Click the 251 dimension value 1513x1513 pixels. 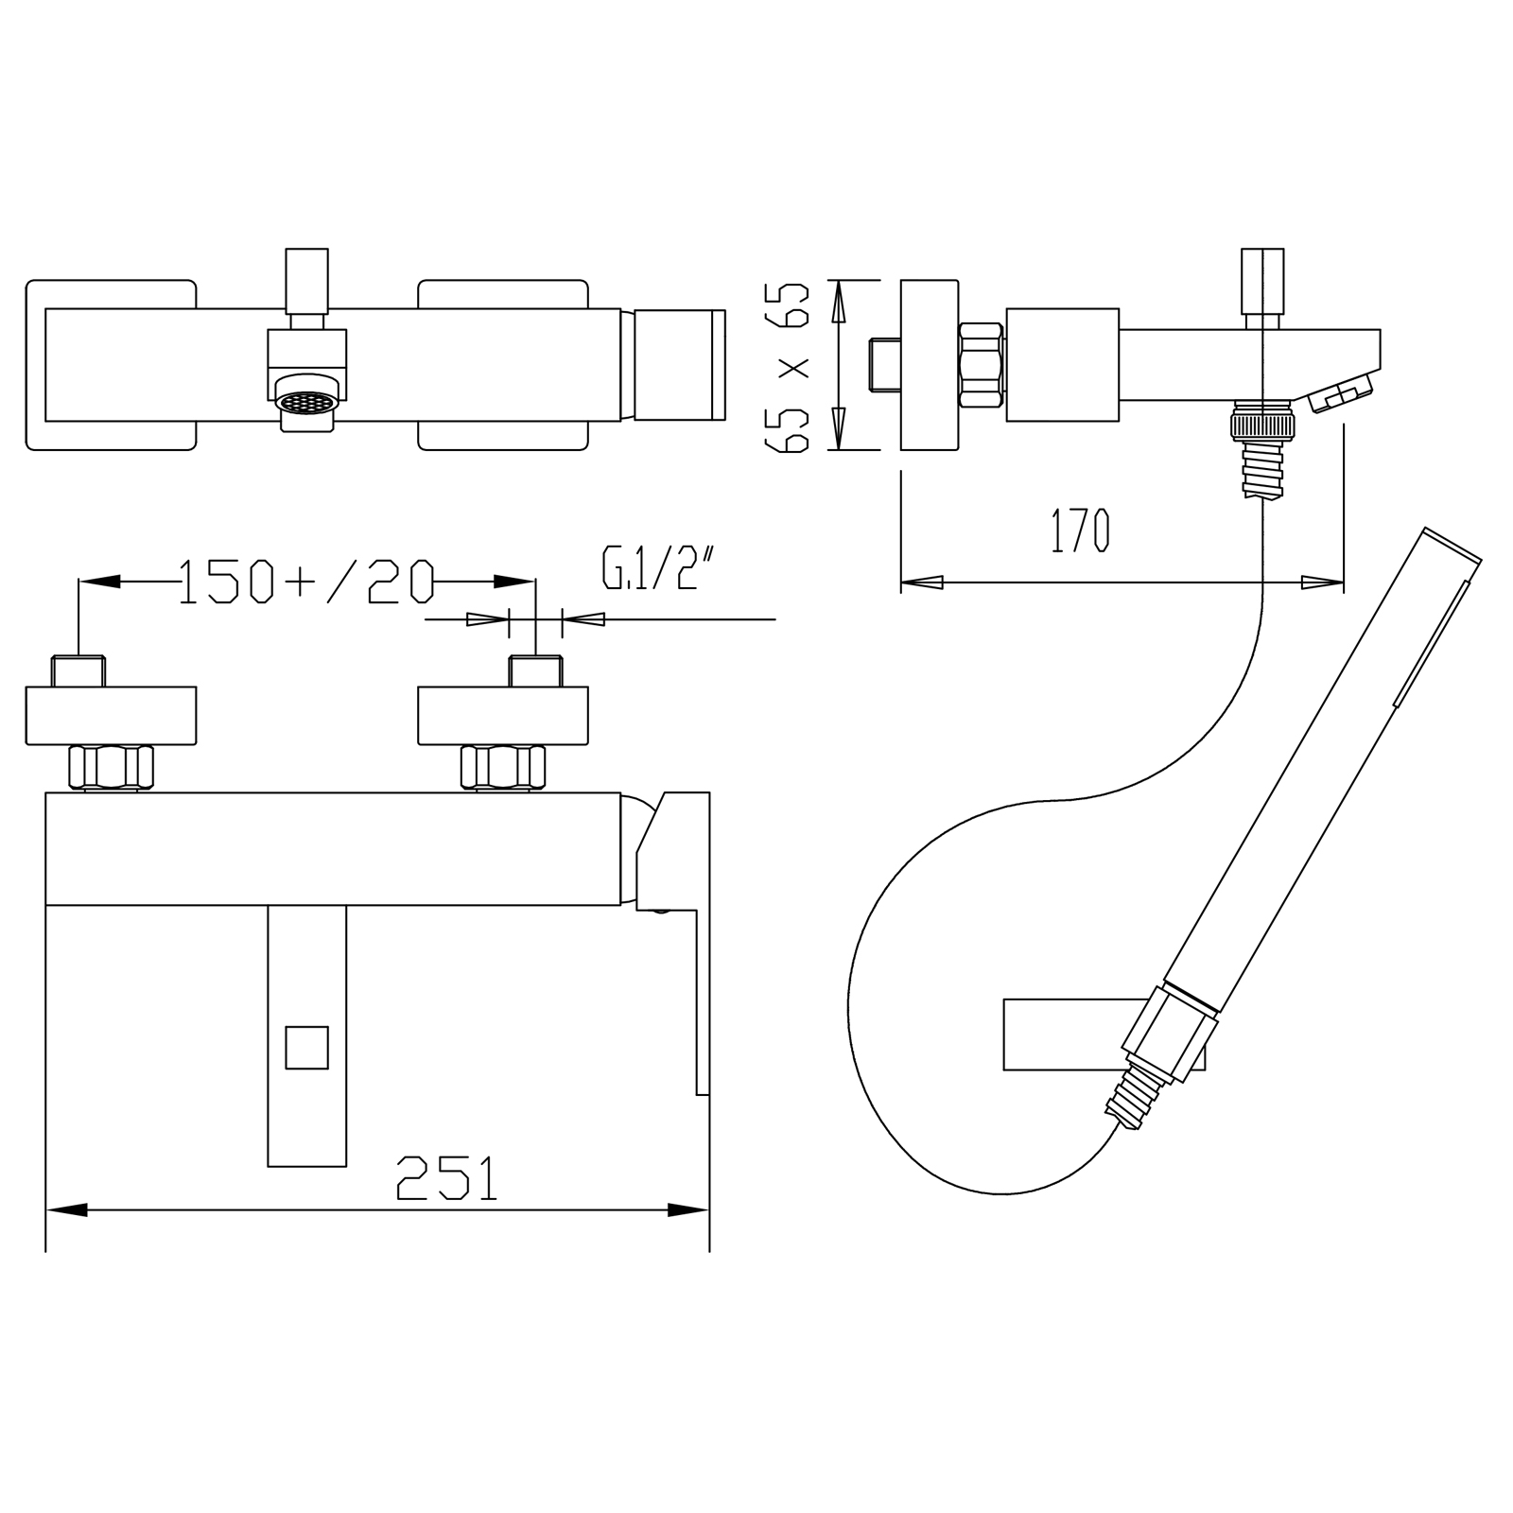pos(447,1177)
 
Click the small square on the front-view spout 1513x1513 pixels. pos(306,1048)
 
